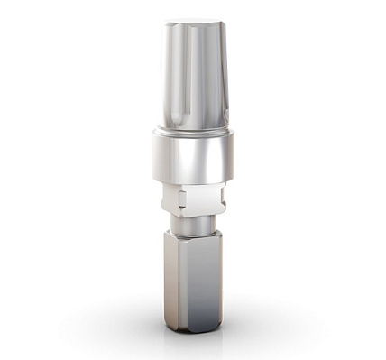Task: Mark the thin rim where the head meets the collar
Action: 194,128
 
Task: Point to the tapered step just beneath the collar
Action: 194,181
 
